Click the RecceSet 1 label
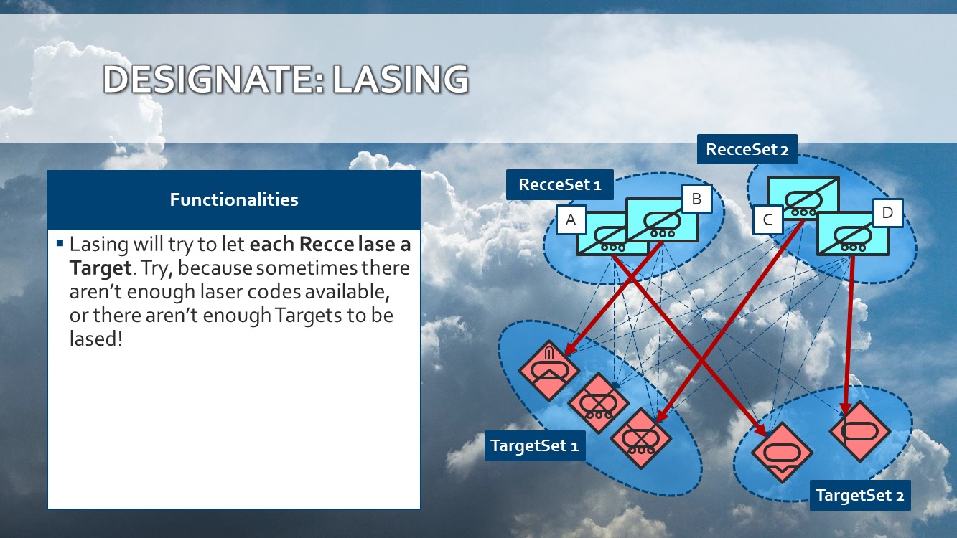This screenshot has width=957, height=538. [560, 184]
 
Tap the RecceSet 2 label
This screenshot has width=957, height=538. [747, 149]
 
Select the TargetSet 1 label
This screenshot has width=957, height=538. [535, 445]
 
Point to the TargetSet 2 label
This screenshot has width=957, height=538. [860, 495]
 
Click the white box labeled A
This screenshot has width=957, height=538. [571, 220]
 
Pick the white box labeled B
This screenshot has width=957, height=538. [697, 199]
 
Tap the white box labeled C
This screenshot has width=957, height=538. [767, 220]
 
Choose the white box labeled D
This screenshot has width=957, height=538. [888, 212]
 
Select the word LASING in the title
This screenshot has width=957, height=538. [401, 79]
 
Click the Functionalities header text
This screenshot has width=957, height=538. [234, 199]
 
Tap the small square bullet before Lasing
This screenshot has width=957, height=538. [60, 243]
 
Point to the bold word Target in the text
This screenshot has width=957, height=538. [101, 268]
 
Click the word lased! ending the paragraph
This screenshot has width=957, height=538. [96, 339]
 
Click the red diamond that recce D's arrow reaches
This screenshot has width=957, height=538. [859, 431]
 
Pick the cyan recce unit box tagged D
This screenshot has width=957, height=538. [853, 234]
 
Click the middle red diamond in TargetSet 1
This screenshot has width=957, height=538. [599, 403]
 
